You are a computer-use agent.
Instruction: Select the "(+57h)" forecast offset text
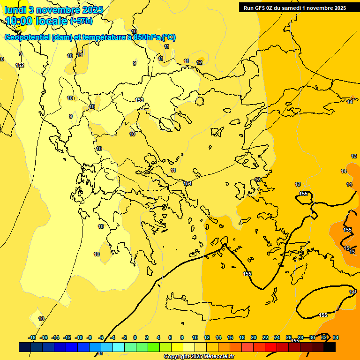coord(81,22)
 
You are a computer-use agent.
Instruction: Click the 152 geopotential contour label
coord(20,65)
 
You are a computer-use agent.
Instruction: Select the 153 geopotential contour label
coord(139,100)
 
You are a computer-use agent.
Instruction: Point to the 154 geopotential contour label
coord(187,183)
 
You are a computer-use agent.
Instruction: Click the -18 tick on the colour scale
coord(32,337)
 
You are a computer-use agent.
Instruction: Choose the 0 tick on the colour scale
coord(135,337)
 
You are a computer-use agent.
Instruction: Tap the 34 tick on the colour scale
coord(336,337)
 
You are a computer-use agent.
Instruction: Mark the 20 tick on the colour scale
coord(254,337)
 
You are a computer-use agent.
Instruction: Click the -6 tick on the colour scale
coord(100,337)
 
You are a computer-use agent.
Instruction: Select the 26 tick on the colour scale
coord(289,337)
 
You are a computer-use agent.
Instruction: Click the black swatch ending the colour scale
coord(330,347)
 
